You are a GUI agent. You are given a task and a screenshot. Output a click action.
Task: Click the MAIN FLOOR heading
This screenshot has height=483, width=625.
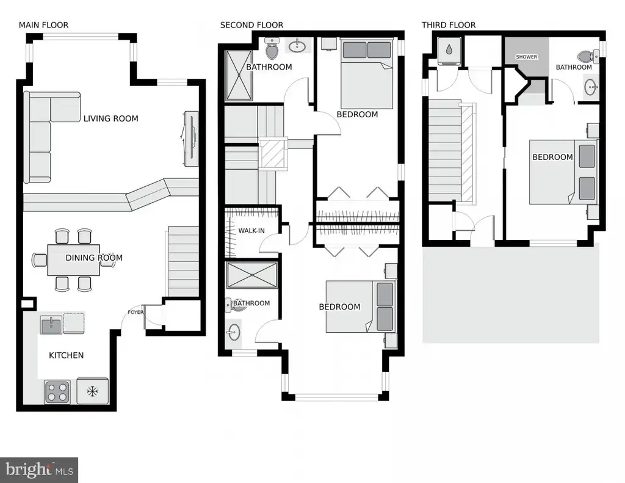(43, 25)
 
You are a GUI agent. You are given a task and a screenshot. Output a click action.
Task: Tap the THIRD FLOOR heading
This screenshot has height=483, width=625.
(449, 25)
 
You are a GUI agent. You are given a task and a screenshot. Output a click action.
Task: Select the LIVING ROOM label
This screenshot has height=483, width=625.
(111, 118)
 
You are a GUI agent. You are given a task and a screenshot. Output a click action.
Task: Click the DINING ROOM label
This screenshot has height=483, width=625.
(94, 258)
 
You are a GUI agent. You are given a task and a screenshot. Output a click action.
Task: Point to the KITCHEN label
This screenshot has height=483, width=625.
(66, 355)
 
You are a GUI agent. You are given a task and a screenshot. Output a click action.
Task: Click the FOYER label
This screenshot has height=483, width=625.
(135, 312)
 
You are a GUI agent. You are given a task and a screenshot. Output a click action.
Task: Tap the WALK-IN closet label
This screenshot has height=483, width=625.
(251, 231)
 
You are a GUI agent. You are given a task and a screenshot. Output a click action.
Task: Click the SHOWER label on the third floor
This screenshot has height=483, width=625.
(527, 57)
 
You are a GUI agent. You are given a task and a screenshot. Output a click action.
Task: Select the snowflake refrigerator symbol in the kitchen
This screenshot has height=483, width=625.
(93, 391)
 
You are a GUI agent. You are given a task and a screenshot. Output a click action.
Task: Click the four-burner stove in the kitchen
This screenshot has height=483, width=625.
(57, 392)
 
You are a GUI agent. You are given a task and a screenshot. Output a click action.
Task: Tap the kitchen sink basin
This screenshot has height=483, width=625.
(51, 325)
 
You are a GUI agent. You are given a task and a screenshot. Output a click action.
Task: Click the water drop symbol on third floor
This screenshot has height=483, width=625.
(449, 49)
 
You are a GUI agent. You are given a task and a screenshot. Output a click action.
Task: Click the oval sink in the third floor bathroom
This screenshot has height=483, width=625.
(591, 87)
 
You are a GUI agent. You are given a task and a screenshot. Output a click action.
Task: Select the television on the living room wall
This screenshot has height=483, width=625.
(191, 139)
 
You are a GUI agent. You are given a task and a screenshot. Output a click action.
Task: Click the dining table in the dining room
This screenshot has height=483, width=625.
(73, 260)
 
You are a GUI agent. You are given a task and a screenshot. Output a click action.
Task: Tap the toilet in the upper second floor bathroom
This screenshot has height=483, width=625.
(272, 48)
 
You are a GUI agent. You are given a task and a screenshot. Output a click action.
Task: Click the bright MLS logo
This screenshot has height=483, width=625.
(39, 470)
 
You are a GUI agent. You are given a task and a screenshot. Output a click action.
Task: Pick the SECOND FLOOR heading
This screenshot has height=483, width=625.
(251, 25)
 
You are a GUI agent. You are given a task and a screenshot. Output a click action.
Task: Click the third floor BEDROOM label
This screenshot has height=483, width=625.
(552, 157)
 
